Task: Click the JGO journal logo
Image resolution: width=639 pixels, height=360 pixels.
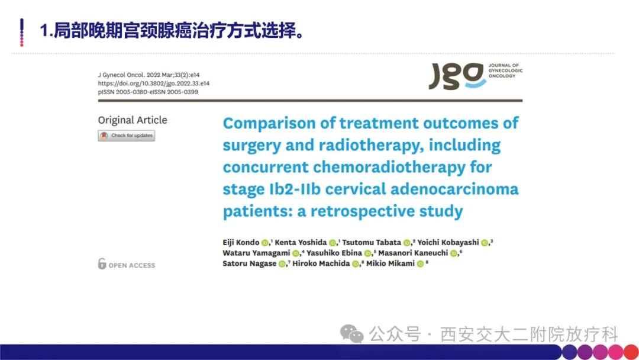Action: pyautogui.click(x=475, y=76)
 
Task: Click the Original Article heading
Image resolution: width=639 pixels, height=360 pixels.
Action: pyautogui.click(x=133, y=120)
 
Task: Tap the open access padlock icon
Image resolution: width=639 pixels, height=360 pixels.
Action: pyautogui.click(x=102, y=263)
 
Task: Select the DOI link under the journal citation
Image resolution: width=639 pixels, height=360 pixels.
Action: pyautogui.click(x=154, y=83)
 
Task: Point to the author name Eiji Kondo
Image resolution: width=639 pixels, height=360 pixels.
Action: pyautogui.click(x=241, y=242)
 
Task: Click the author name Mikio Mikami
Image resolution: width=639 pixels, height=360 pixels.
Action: pyautogui.click(x=390, y=263)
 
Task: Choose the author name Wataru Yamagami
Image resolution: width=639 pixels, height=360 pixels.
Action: pyautogui.click(x=256, y=253)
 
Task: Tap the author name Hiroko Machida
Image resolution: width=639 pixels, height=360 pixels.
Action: pyautogui.click(x=321, y=263)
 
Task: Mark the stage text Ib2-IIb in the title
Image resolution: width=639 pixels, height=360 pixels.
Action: pyautogui.click(x=295, y=189)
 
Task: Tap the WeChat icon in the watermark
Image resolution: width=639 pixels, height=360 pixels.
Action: pyautogui.click(x=351, y=334)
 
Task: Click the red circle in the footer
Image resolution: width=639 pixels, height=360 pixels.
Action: pyautogui.click(x=631, y=352)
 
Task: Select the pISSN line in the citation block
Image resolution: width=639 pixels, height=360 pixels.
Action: pyautogui.click(x=148, y=92)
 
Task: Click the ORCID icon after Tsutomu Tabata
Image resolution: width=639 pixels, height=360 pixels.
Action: pyautogui.click(x=406, y=243)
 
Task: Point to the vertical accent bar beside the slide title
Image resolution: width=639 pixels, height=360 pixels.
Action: pyautogui.click(x=22, y=32)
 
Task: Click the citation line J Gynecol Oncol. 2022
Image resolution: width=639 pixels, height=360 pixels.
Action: pyautogui.click(x=149, y=75)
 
